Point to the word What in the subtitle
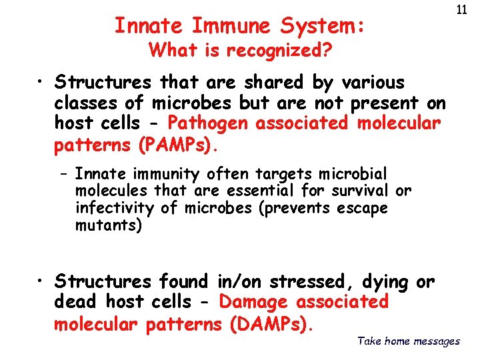(x=171, y=51)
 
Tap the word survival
(x=359, y=191)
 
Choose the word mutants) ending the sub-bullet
(x=109, y=225)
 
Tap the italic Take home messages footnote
(x=408, y=341)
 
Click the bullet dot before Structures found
(x=42, y=282)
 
